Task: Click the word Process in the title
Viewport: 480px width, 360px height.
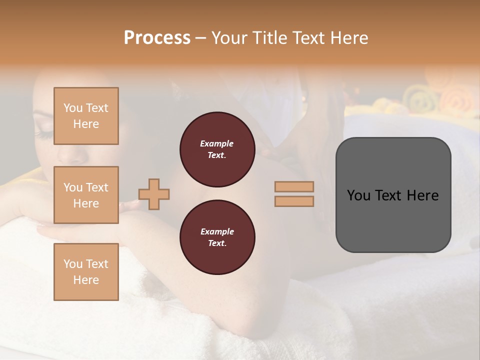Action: [x=157, y=38]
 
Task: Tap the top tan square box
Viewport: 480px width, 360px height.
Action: [x=86, y=116]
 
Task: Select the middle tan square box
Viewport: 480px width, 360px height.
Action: [x=86, y=195]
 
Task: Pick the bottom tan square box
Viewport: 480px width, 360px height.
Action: [x=86, y=271]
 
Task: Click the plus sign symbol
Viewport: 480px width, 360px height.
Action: [x=154, y=194]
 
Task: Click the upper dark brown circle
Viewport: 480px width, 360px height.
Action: [x=217, y=149]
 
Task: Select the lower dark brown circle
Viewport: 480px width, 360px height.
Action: [x=217, y=237]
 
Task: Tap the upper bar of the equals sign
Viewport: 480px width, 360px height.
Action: [x=294, y=186]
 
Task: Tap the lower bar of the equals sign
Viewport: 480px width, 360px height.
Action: [x=294, y=201]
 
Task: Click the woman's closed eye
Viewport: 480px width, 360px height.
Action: [x=44, y=133]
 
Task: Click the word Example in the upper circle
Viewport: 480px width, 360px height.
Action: [x=216, y=143]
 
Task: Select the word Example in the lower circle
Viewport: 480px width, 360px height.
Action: [x=217, y=231]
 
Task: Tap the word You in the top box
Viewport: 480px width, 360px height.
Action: [x=72, y=108]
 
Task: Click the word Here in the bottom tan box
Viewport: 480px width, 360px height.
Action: [x=86, y=280]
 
